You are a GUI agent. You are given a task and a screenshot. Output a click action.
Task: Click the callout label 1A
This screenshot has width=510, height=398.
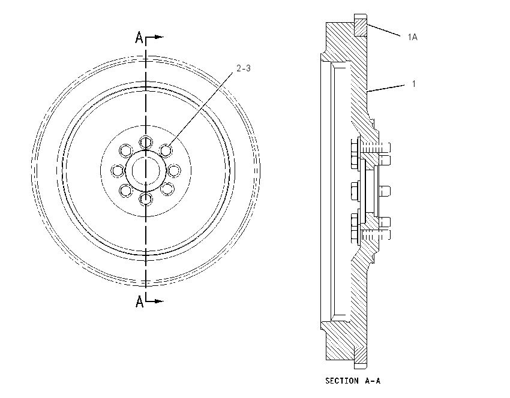pyautogui.click(x=412, y=37)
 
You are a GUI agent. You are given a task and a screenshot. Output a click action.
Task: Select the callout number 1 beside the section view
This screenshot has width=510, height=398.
pyautogui.click(x=414, y=84)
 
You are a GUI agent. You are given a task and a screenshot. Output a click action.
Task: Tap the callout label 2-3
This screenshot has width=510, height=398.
pyautogui.click(x=244, y=68)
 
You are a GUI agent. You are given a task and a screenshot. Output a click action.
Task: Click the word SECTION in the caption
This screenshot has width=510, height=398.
pyautogui.click(x=342, y=381)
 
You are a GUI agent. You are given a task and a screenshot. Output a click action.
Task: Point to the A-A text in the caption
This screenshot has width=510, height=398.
pyautogui.click(x=373, y=381)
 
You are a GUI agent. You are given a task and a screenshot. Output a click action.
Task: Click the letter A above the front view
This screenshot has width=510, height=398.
pyautogui.click(x=139, y=37)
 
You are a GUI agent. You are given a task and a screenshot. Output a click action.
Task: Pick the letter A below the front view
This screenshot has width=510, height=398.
pyautogui.click(x=140, y=301)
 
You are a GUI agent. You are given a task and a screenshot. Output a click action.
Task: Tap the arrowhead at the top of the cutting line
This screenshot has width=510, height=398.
pyautogui.click(x=159, y=37)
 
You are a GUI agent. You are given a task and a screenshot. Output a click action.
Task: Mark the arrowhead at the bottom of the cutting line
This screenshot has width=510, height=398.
pyautogui.click(x=159, y=301)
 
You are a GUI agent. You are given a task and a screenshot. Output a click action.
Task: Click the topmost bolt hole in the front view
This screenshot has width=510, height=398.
pyautogui.click(x=146, y=142)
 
